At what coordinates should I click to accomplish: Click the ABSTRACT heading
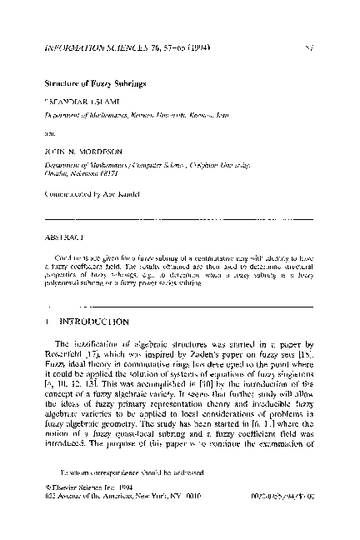[62, 236]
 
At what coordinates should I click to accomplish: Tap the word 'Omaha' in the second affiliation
[53, 176]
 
